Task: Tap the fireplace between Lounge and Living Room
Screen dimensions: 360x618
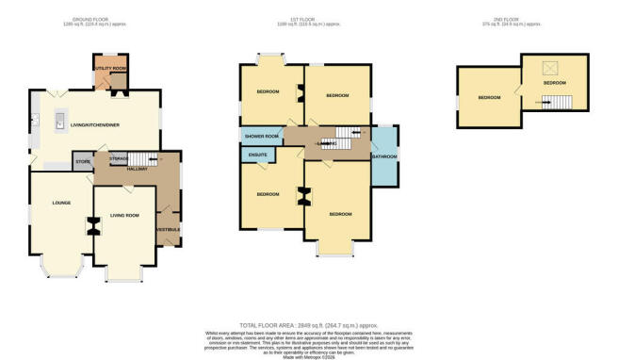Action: click(93, 226)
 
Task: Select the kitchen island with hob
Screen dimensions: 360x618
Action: click(58, 120)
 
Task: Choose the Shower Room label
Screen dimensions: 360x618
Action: click(260, 137)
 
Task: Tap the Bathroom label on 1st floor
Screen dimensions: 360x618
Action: click(383, 156)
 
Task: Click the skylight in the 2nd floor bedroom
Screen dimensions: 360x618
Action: click(549, 66)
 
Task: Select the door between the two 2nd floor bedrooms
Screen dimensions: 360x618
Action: click(517, 90)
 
